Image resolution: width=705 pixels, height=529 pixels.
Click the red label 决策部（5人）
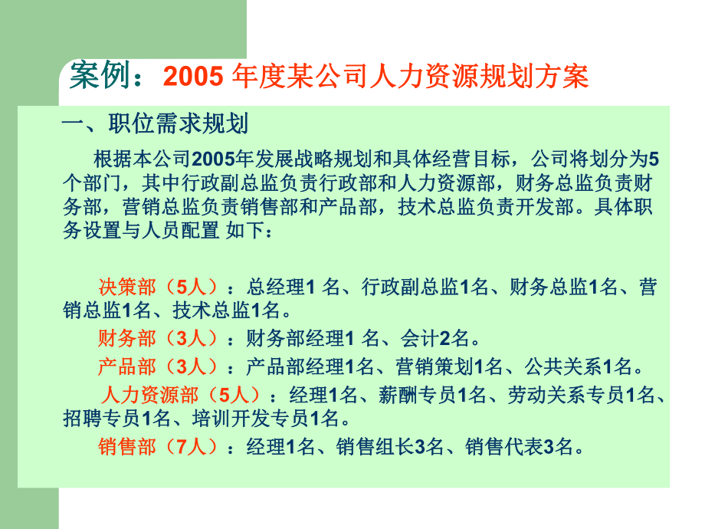coord(160,287)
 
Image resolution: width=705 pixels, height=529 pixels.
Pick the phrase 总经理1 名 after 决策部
coord(292,287)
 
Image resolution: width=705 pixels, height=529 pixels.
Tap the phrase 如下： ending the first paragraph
coord(249,231)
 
